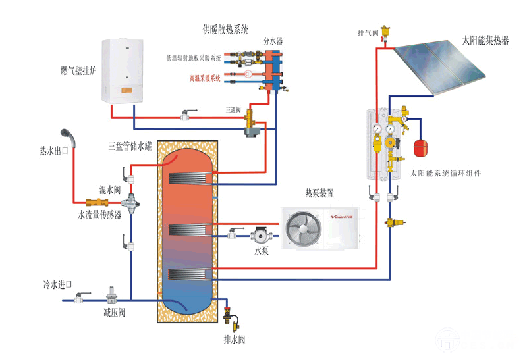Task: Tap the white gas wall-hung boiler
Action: (126, 70)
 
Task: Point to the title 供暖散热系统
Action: (226, 30)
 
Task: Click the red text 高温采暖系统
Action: (206, 78)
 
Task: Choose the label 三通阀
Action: (234, 109)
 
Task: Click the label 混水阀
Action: (109, 190)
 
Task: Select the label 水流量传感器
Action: (99, 215)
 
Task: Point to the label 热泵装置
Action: (319, 194)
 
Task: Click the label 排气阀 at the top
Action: (367, 32)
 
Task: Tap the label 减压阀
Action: (114, 313)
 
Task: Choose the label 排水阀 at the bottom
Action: (235, 340)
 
